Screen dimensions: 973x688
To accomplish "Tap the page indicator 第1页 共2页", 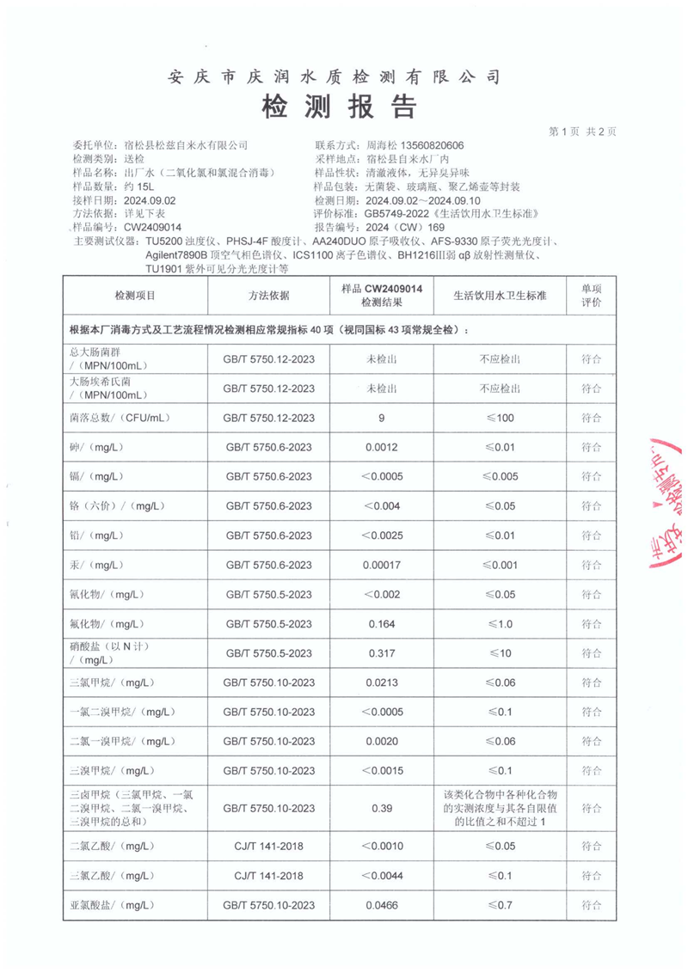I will click(582, 132).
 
